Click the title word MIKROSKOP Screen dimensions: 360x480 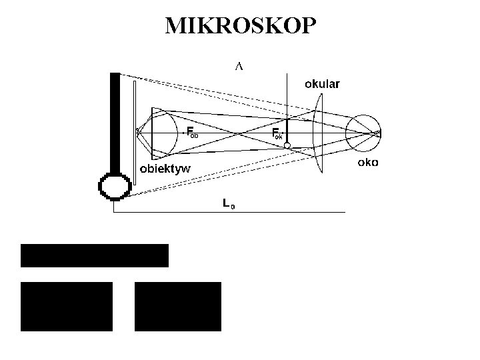(241, 25)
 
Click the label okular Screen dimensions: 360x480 (323, 84)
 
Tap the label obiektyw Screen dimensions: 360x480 (165, 168)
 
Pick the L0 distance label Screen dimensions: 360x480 (228, 204)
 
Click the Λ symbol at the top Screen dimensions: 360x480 (239, 66)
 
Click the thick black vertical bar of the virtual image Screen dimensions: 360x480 (114, 120)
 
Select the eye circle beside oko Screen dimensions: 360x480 (363, 133)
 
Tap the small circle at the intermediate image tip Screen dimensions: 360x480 (287, 145)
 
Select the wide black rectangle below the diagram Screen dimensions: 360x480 (95, 255)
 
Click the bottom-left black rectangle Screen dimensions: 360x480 (67, 307)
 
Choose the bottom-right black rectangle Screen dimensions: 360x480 (177, 307)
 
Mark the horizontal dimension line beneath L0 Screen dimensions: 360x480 (267, 212)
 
